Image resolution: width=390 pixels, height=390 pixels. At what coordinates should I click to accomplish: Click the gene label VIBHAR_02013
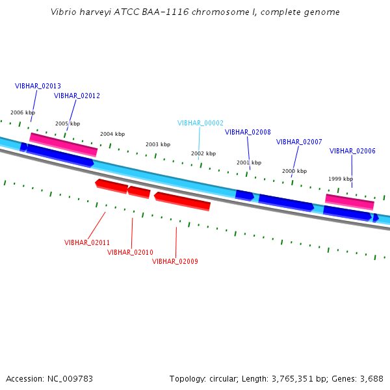tap(38, 86)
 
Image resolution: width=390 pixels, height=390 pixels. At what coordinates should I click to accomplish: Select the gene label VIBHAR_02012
tap(77, 96)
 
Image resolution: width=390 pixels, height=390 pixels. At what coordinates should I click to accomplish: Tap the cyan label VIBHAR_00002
tap(200, 123)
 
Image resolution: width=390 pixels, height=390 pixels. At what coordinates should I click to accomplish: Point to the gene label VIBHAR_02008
tap(248, 132)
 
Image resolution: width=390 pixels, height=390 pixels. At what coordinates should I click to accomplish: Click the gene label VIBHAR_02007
tap(299, 142)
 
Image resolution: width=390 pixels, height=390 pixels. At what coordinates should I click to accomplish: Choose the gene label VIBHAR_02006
tap(352, 151)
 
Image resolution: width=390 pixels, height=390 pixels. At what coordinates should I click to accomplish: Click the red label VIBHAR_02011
tap(87, 242)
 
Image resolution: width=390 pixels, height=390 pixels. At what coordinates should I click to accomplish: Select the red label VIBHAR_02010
tap(130, 252)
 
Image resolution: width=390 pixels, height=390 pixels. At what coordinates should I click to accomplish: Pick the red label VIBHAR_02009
tap(175, 261)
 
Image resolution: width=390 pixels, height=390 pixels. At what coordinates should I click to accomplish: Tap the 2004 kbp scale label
tap(112, 134)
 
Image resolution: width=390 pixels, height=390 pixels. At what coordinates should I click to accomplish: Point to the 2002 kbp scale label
tap(203, 154)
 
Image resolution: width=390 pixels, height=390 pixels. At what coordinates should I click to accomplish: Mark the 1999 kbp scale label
tap(341, 179)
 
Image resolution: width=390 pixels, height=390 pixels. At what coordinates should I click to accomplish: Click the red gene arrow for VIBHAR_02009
tap(183, 200)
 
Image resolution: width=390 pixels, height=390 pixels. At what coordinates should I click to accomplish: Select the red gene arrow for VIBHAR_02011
tap(112, 186)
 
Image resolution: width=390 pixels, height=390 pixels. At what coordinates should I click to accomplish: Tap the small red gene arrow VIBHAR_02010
tap(139, 192)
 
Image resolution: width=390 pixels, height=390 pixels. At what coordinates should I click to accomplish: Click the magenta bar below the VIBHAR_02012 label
tap(63, 144)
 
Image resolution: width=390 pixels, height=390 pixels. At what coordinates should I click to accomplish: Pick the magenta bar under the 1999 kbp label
tap(350, 201)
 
